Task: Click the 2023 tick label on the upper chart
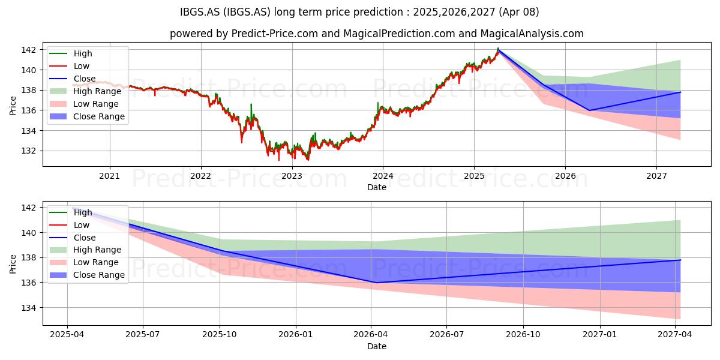point(292,176)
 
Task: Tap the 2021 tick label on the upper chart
point(110,176)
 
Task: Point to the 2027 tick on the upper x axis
point(656,176)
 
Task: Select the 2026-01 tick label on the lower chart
point(296,335)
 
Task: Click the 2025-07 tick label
point(143,335)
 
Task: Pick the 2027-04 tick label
point(675,335)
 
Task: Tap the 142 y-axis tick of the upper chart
point(28,50)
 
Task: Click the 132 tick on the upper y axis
point(28,151)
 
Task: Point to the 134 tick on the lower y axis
point(28,308)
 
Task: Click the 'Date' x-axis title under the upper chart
point(377,187)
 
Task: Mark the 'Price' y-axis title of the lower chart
point(13,264)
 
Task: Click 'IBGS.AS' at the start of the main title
point(200,12)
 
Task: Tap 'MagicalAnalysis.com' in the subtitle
point(532,34)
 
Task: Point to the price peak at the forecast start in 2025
point(498,49)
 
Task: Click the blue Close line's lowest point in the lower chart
point(376,283)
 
